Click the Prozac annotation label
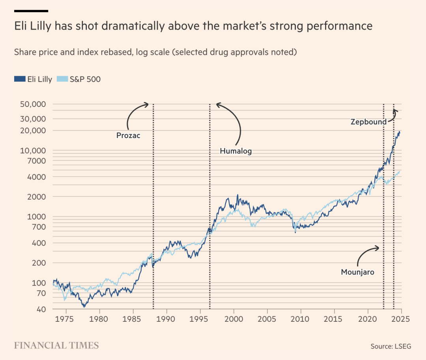coord(128,136)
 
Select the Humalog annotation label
coord(235,151)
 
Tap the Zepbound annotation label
coord(368,122)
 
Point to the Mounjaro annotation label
coord(357,272)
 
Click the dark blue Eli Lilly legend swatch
coord(19,79)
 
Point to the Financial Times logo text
coord(56,346)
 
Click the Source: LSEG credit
coord(390,346)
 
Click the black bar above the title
coord(31,11)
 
